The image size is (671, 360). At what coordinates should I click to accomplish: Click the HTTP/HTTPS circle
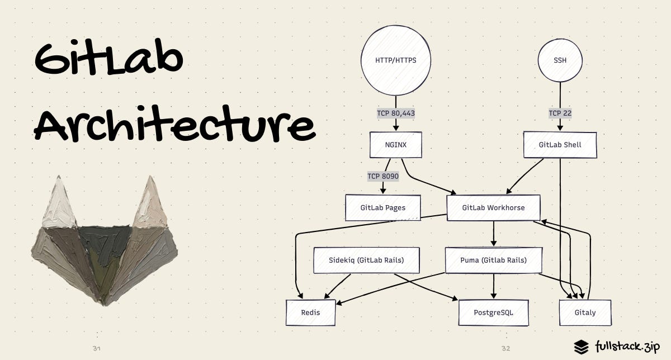click(396, 60)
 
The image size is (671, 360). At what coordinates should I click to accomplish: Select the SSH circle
click(560, 60)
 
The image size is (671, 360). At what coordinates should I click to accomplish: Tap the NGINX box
click(396, 145)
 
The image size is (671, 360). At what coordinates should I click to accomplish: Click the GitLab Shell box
click(560, 145)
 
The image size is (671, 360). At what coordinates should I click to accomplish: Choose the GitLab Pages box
click(382, 208)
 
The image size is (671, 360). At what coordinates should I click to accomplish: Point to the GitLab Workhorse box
click(493, 208)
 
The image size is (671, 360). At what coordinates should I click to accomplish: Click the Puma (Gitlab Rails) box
click(493, 260)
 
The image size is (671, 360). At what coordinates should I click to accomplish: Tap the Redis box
click(310, 312)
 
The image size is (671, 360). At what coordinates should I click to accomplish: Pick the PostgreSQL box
click(493, 312)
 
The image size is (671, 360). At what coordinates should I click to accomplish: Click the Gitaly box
click(585, 312)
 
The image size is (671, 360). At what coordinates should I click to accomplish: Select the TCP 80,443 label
click(396, 113)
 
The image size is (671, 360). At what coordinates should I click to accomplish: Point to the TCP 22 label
click(560, 113)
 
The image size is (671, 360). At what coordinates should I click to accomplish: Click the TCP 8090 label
click(382, 176)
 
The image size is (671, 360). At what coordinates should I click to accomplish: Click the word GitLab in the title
click(109, 59)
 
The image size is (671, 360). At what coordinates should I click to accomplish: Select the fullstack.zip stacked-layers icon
click(582, 347)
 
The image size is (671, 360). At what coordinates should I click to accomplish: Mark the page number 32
click(505, 349)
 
